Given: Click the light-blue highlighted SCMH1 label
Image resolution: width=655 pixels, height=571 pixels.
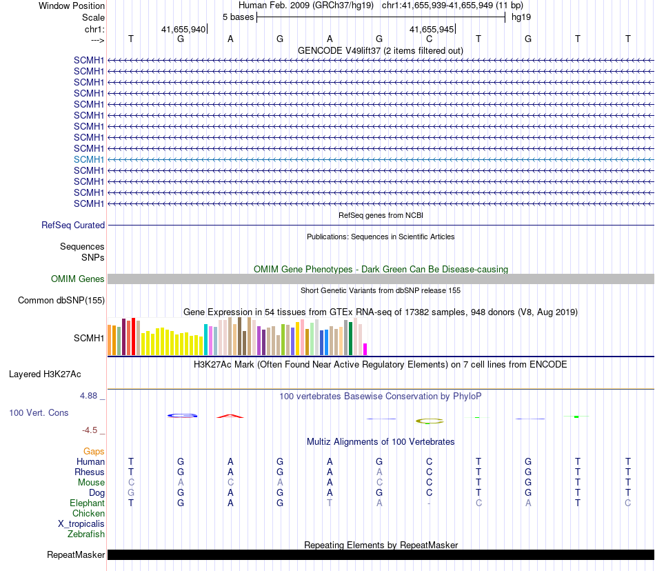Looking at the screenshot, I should pos(89,159).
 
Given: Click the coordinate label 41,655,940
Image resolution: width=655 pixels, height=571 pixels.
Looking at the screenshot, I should pos(183,30).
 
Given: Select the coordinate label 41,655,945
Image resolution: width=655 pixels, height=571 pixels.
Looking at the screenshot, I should pos(431,30).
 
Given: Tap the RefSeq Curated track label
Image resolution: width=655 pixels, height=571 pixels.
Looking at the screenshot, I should pos(73,225).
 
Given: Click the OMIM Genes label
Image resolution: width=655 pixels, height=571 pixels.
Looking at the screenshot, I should pos(78,279).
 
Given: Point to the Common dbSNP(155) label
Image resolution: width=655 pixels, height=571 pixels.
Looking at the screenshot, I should pos(61,300).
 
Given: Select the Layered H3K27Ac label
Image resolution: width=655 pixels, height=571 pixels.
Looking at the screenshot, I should pos(45,374).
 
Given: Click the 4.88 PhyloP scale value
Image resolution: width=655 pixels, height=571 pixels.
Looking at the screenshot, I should pos(89,396).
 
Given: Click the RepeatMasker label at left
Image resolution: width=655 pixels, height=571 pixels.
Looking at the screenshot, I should pos(76,554).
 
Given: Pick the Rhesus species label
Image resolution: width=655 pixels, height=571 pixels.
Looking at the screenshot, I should pos(90,472).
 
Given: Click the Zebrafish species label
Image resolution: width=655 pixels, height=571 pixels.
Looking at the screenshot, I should pos(86,534).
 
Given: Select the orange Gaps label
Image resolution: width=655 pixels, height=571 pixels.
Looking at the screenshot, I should pos(94,451).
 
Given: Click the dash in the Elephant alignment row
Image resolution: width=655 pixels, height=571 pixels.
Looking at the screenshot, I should pos(429,503).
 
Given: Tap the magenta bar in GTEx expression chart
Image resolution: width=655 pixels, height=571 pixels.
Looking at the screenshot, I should pos(365,349).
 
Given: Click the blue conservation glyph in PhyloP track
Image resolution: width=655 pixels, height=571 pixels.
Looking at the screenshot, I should pos(183,415).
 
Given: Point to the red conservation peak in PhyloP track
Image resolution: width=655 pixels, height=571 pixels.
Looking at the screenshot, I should pos(230,416).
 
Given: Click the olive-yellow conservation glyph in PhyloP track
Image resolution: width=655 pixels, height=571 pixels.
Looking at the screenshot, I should pos(429,421).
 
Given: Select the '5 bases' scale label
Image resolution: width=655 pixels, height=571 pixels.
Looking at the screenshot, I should pos(238,17).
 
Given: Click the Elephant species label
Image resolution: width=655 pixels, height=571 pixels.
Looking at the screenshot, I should pos(87,503).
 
